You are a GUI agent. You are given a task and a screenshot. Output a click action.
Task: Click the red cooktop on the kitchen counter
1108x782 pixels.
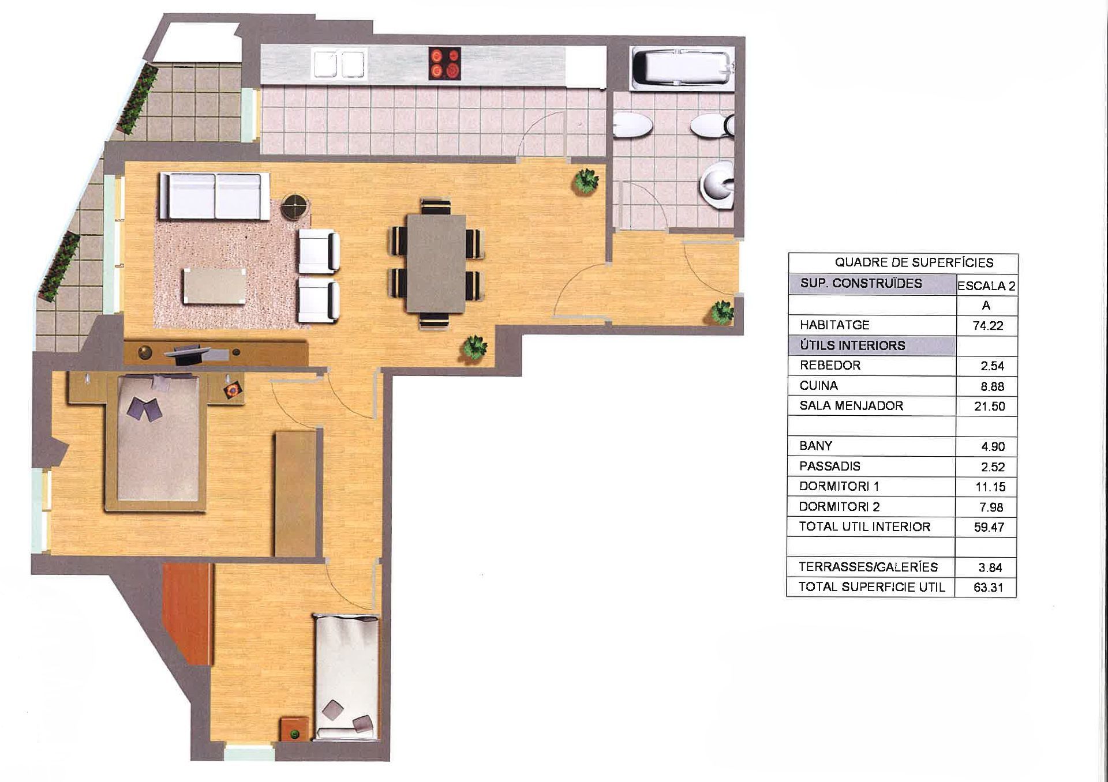[445, 63]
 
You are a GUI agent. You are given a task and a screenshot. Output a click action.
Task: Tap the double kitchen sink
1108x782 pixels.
[339, 63]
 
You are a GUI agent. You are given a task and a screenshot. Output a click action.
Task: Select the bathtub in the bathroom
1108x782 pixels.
[683, 69]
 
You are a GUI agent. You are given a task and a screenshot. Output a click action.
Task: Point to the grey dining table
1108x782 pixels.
[436, 263]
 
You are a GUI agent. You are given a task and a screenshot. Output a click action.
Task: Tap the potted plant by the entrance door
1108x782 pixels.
[721, 313]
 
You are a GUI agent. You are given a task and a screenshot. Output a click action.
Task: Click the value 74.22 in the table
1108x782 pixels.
[987, 326]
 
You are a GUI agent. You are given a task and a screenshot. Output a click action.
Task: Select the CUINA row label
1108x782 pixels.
[818, 385]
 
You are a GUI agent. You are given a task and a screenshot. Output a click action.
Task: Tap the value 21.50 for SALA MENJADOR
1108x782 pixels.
[989, 406]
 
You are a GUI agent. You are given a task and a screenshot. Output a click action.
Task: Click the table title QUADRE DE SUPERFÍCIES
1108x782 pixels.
[914, 263]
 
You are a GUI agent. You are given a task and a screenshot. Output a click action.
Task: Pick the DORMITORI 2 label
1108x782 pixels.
[839, 507]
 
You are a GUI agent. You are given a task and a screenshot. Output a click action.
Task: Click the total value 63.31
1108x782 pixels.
[988, 588]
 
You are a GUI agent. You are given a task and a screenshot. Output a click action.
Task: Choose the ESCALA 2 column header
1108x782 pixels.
[986, 285]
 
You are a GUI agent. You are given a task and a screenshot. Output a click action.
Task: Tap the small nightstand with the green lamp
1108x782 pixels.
[295, 730]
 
